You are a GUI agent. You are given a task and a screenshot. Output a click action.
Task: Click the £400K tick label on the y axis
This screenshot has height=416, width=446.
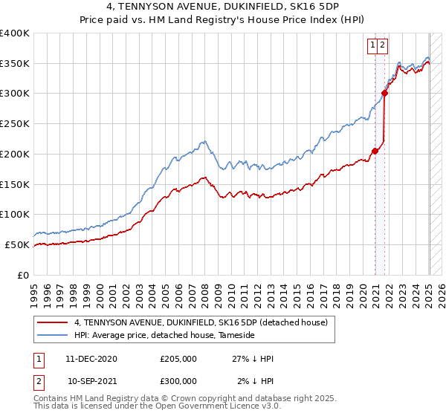(15, 33)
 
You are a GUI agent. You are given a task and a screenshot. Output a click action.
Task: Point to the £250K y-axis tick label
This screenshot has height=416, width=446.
(15, 124)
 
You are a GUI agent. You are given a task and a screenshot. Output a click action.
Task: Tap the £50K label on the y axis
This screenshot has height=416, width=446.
(18, 244)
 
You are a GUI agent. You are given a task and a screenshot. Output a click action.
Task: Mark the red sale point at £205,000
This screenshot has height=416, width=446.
(375, 151)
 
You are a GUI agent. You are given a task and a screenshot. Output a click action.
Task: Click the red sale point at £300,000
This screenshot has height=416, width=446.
(385, 93)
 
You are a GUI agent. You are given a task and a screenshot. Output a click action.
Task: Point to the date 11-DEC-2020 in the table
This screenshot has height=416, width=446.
(92, 360)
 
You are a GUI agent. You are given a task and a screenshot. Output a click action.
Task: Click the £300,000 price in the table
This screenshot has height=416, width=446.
(178, 380)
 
